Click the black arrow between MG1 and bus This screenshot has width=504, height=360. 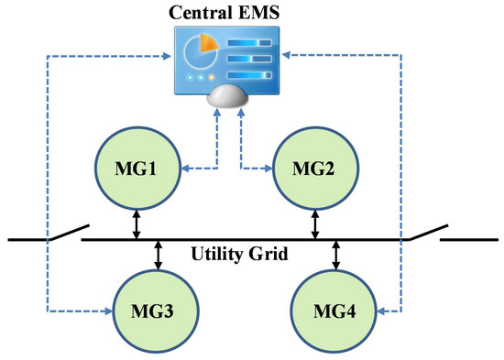[x=137, y=224]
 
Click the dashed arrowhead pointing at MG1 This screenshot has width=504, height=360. [x=182, y=168]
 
